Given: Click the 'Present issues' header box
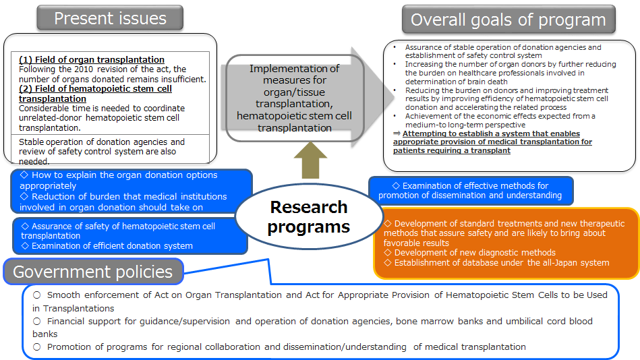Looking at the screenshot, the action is (110, 18).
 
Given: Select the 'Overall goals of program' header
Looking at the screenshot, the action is (508, 20).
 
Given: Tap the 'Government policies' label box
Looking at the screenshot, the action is (93, 272).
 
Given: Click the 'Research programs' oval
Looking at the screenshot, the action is (309, 216).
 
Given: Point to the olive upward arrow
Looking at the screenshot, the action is (310, 160).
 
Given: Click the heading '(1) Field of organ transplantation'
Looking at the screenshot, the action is (92, 59).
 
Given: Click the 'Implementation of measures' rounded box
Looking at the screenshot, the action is (295, 98).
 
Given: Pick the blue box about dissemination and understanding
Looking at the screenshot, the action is (471, 191).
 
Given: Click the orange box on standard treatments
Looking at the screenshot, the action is (506, 243).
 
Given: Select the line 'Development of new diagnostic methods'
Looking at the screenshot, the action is (470, 253).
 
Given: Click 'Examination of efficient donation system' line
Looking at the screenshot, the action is (107, 245).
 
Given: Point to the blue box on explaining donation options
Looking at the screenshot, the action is (132, 191).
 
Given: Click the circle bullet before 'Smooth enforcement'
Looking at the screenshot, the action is (37, 295).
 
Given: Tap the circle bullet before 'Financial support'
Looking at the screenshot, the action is (37, 321).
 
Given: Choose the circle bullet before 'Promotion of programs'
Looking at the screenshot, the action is (37, 347).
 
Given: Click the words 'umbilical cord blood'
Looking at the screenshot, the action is (550, 321).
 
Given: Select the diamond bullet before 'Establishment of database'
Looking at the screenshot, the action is (388, 262).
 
